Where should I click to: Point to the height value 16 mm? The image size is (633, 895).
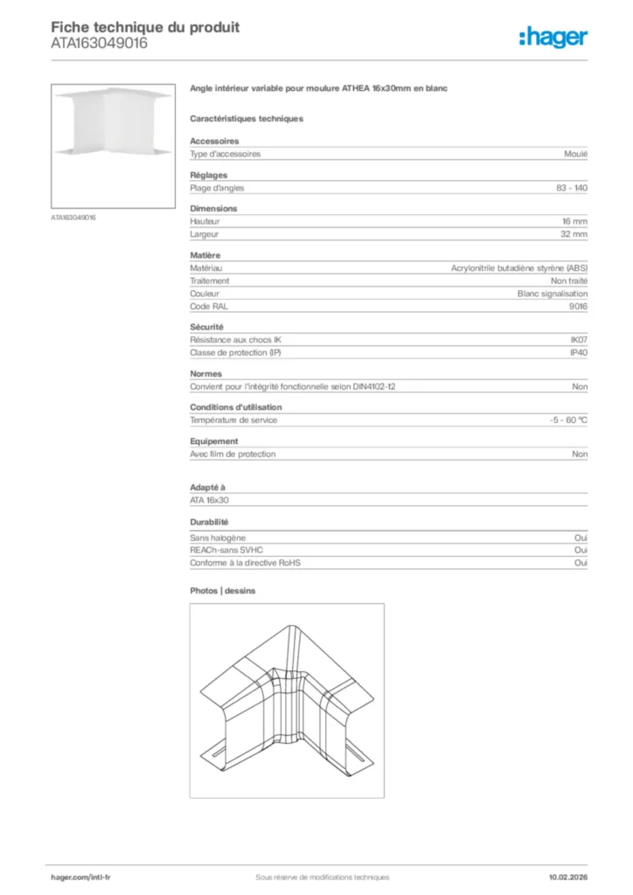click(574, 222)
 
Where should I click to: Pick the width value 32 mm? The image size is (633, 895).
click(574, 234)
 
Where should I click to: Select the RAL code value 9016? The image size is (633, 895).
click(578, 307)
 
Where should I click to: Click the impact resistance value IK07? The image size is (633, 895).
click(578, 340)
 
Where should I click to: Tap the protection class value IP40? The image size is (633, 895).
click(578, 352)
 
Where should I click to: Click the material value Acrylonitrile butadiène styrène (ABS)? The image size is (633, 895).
click(518, 268)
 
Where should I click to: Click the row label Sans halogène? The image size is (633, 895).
click(218, 538)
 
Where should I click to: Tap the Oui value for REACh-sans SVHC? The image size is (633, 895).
click(581, 551)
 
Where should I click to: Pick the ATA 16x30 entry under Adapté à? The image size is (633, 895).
click(210, 500)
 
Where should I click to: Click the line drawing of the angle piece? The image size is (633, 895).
click(287, 699)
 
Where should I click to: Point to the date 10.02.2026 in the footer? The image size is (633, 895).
click(561, 877)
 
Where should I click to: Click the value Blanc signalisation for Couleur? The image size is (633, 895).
click(553, 295)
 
